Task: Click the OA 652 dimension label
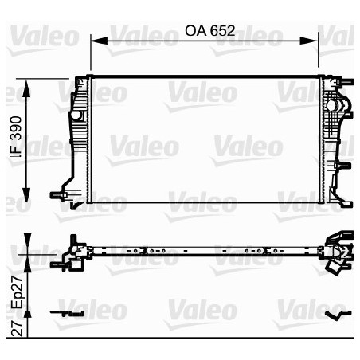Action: click(209, 31)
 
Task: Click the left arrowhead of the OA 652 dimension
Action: click(99, 41)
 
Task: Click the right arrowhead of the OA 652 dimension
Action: click(309, 41)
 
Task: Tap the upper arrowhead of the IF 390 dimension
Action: click(26, 88)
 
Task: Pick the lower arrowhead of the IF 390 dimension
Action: click(26, 194)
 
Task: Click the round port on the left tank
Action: click(76, 115)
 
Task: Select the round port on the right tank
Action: click(332, 105)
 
